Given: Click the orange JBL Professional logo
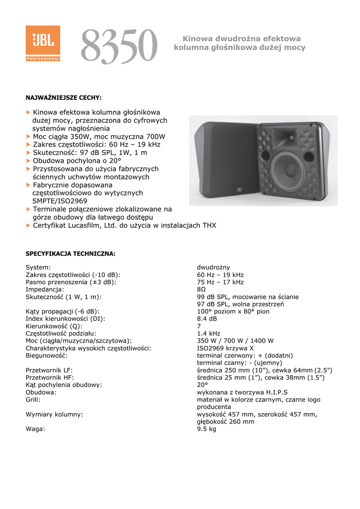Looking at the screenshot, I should pyautogui.click(x=43, y=43).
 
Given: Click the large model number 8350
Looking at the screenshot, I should pyautogui.click(x=119, y=46).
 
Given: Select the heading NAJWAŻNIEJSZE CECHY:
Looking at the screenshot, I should pyautogui.click(x=63, y=97).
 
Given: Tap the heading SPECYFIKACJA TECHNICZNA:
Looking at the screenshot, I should pyautogui.click(x=70, y=254).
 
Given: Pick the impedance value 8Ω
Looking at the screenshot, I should pyautogui.click(x=201, y=289).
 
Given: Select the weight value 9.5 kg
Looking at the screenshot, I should pyautogui.click(x=206, y=429).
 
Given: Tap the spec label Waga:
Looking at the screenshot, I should pyautogui.click(x=35, y=429).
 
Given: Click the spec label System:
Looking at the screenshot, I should pyautogui.click(x=38, y=267).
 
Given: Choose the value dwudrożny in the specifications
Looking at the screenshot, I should pyautogui.click(x=213, y=267).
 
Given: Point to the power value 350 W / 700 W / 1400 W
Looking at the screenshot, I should pyautogui.click(x=235, y=341).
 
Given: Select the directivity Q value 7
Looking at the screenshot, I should pyautogui.click(x=199, y=326).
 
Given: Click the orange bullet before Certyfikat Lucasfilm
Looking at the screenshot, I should pyautogui.click(x=28, y=225).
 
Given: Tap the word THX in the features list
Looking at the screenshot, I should pyautogui.click(x=209, y=225).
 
